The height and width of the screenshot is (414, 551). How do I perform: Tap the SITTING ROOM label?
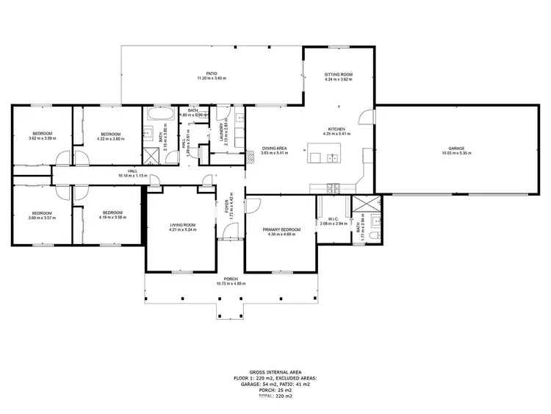pos(339,74)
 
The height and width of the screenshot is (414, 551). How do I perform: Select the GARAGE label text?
pos(456,148)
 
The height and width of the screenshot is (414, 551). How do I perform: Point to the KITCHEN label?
pos(337,129)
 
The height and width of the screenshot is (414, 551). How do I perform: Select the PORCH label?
pos(231,279)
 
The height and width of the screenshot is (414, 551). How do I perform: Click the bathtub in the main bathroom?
pos(158,115)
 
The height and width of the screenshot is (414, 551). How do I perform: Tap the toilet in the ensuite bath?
pos(373,235)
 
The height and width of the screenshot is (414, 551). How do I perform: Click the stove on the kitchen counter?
pos(331,185)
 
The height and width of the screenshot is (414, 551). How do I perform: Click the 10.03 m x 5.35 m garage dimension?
pos(456,153)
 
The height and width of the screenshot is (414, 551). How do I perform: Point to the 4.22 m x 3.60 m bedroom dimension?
pos(110,139)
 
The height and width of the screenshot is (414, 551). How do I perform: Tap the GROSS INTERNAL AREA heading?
pos(264,372)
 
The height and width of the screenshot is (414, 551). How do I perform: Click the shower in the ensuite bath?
pos(361,207)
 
